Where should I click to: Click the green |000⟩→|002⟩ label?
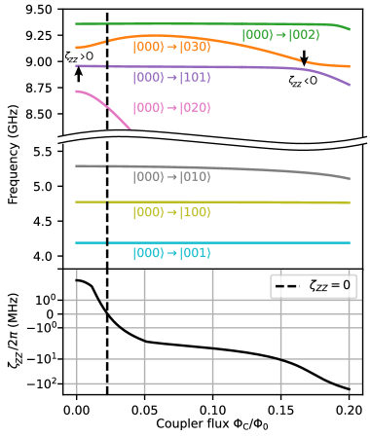(x=280, y=35)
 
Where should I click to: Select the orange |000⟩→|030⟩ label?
(x=171, y=47)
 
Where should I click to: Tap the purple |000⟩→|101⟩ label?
(x=171, y=78)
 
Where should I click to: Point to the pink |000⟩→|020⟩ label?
(x=171, y=108)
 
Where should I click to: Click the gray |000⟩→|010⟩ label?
(x=171, y=177)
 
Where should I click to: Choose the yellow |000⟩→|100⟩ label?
(x=171, y=212)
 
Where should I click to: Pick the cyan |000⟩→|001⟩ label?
(x=171, y=253)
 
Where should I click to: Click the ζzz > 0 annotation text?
(x=79, y=56)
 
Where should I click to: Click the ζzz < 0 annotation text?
(x=303, y=81)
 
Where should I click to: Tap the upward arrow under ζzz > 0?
(x=79, y=73)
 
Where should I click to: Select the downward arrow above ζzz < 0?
(x=304, y=58)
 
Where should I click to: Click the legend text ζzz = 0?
(x=330, y=286)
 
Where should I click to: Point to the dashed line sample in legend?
(x=288, y=286)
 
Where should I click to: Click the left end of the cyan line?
(x=77, y=242)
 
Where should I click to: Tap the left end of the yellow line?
(x=77, y=202)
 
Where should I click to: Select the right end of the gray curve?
(x=349, y=179)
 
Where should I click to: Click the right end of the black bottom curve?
(x=349, y=389)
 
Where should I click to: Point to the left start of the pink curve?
(x=77, y=91)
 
